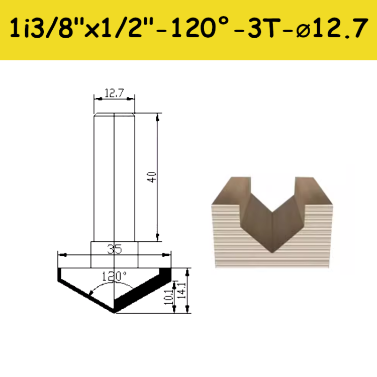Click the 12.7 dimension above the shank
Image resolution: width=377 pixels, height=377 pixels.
pyautogui.click(x=114, y=92)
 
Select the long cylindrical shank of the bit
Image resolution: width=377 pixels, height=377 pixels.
pyautogui.click(x=114, y=176)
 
